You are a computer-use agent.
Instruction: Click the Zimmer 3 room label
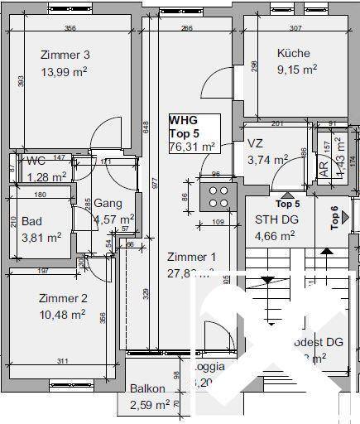pyautogui.click(x=65, y=55)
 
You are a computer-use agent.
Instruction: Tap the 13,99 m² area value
pyautogui.click(x=65, y=72)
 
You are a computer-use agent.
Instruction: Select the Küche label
pyautogui.click(x=293, y=54)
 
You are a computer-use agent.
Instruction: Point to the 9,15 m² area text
pyautogui.click(x=295, y=70)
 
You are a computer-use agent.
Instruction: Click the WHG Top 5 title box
pyautogui.click(x=194, y=133)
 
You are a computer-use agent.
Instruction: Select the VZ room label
pyautogui.click(x=255, y=143)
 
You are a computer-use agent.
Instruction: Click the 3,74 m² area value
pyautogui.click(x=267, y=160)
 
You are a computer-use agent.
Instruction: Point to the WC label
pyautogui.click(x=36, y=160)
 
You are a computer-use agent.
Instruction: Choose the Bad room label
pyautogui.click(x=31, y=221)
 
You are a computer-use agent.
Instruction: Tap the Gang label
pyautogui.click(x=108, y=203)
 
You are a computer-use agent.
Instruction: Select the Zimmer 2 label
pyautogui.click(x=63, y=299)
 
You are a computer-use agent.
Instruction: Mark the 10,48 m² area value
pyautogui.click(x=63, y=315)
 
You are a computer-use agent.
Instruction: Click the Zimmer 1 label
pyautogui.click(x=191, y=257)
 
